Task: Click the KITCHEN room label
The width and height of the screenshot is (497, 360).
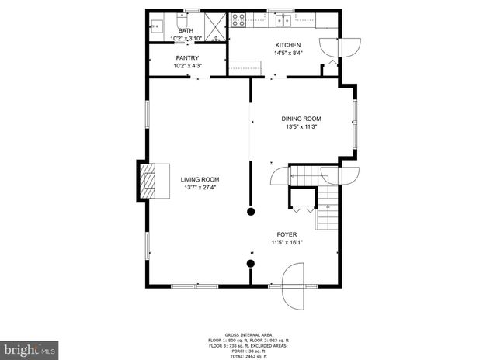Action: pos(287,46)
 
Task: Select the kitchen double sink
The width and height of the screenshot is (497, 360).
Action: pos(286,19)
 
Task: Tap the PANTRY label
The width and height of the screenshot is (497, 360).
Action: pos(187,58)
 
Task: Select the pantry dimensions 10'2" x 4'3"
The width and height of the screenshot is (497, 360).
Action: pos(187,66)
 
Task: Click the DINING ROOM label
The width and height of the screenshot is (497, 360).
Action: pos(301,119)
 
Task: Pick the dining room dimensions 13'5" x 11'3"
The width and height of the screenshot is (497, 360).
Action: pos(301,127)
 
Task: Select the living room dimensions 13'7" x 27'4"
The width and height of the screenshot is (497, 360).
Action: pos(200,187)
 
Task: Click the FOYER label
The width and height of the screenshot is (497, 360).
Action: pos(287,234)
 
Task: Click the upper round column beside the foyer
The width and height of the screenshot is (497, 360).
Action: pos(251,210)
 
